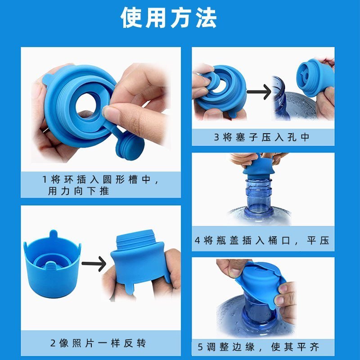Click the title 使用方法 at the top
[x=168, y=18]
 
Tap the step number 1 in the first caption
[x=45, y=179]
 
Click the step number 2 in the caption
[x=53, y=343]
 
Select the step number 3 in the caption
[x=216, y=137]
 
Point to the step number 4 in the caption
[x=198, y=240]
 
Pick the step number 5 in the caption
[x=200, y=347]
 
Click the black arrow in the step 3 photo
[x=259, y=92]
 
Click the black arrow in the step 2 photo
[x=94, y=264]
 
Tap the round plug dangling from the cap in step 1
[x=130, y=147]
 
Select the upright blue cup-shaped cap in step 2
[x=52, y=264]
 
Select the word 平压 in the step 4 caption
[x=318, y=240]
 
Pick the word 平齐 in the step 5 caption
[x=308, y=347]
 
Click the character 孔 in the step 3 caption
[x=292, y=137]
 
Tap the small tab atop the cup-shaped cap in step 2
[x=53, y=234]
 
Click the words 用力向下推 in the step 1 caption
[x=78, y=191]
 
